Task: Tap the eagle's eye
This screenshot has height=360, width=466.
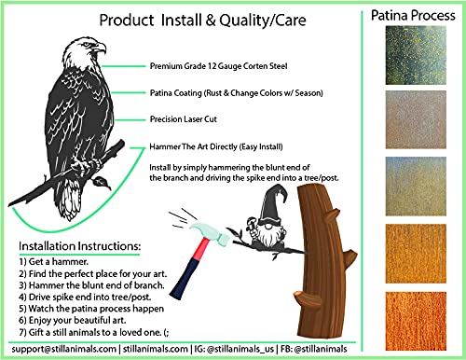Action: pos(86,45)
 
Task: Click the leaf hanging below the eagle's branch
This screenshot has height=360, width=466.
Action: pos(101,182)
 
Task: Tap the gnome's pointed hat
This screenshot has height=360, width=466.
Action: pos(272,204)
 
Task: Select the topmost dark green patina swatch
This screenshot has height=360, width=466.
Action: pos(416,55)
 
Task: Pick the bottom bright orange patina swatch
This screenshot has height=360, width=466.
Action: pos(416,321)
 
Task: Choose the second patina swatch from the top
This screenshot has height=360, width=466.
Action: pos(416,119)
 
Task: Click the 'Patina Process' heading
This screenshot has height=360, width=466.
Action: pos(413,15)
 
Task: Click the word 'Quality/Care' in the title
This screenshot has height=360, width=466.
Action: pos(263,21)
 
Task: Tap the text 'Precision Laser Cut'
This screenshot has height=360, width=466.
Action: pos(184,119)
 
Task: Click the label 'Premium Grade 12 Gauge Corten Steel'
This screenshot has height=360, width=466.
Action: pos(218,66)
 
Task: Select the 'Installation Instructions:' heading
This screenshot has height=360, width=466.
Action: pos(79,246)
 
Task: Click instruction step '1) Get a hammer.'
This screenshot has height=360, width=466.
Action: pos(54,262)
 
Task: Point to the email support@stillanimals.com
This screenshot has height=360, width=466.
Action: pos(64,349)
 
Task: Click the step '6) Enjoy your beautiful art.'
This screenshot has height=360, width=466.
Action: pos(73,320)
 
